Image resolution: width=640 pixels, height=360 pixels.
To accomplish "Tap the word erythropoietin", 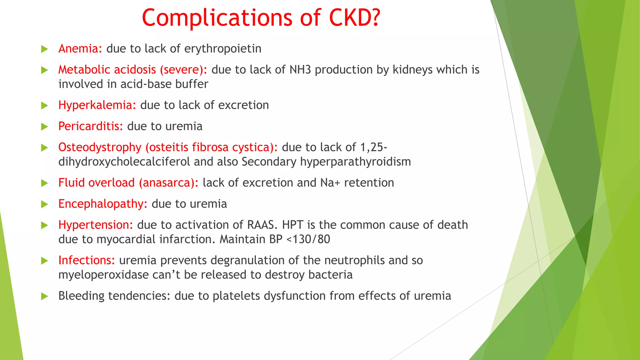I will click(223, 49).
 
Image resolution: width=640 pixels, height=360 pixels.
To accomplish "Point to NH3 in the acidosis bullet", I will click(300, 70).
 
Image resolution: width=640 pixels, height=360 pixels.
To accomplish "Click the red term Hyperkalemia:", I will click(97, 105).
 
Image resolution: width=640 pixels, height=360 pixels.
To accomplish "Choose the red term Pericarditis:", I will click(91, 126).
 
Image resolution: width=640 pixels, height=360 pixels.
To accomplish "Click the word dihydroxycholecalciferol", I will click(124, 162).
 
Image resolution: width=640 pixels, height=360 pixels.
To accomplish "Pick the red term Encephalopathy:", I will click(103, 204).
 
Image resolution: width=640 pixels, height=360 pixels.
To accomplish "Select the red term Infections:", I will click(87, 260).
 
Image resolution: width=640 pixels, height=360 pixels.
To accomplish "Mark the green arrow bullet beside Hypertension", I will click(45, 225).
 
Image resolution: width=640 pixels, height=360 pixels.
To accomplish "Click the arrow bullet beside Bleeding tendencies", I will click(45, 296).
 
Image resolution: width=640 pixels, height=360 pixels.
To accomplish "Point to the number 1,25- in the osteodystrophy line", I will click(374, 147).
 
